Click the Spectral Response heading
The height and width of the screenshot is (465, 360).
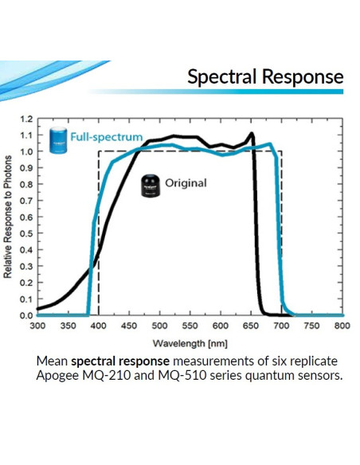coord(265,76)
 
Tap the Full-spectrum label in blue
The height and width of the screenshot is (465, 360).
coord(106,137)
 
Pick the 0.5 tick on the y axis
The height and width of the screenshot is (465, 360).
coord(25,233)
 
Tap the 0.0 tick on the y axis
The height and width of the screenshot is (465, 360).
coord(25,315)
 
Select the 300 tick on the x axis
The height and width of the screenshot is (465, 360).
coord(37,326)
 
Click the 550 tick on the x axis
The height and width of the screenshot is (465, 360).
coord(190,326)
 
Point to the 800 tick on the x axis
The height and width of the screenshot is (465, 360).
coord(342,326)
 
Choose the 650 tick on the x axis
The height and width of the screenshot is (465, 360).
coord(250,326)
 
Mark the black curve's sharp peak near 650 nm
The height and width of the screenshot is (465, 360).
coord(252,133)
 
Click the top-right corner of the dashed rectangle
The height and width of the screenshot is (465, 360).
coord(281,151)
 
